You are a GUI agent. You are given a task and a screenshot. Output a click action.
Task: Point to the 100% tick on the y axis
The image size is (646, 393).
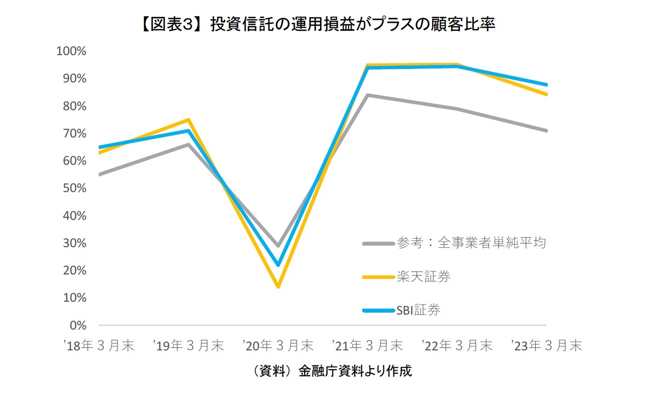(x=72, y=52)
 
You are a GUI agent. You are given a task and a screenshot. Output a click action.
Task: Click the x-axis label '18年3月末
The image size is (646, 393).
(x=99, y=346)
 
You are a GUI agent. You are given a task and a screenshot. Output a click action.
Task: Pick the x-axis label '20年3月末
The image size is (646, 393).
(x=278, y=346)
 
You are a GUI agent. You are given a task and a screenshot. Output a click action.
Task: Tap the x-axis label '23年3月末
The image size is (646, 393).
(x=546, y=346)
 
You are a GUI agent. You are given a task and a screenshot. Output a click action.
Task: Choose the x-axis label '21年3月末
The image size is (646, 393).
(x=367, y=346)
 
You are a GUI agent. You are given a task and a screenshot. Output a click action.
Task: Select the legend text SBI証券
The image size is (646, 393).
(x=418, y=311)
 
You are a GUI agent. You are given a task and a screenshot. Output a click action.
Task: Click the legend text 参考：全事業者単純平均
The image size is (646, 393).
(x=471, y=243)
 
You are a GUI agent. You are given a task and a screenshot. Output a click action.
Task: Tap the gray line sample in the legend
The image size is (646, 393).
(x=379, y=244)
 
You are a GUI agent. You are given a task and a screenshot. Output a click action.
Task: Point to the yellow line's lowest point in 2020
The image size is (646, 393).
(x=278, y=287)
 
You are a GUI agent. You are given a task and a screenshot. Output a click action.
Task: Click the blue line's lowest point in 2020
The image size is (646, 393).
(x=278, y=265)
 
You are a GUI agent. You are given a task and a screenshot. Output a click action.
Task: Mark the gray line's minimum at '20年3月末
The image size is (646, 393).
(x=278, y=246)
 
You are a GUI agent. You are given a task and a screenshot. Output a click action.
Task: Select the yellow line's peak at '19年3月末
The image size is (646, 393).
(x=189, y=120)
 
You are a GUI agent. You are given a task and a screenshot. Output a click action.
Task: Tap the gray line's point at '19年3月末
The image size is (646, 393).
(x=189, y=144)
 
